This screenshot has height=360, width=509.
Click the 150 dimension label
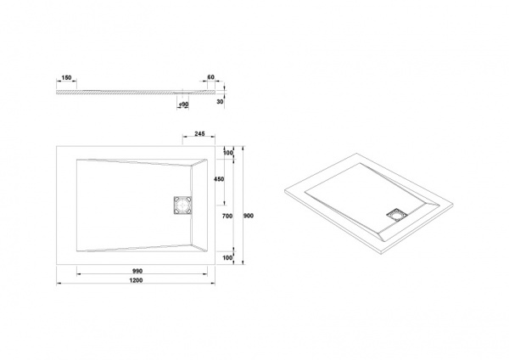click(x=66, y=77)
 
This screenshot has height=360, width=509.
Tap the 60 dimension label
click(x=210, y=77)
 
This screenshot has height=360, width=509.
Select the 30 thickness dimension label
click(x=220, y=102)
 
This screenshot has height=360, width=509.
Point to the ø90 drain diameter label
click(x=184, y=104)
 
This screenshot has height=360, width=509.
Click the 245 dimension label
click(x=199, y=133)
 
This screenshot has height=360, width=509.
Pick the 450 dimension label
click(x=219, y=179)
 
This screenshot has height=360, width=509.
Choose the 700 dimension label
click(x=227, y=216)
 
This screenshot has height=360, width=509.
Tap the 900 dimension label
click(x=249, y=216)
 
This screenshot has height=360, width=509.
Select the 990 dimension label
click(x=137, y=271)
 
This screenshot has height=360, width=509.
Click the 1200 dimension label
click(x=136, y=280)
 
